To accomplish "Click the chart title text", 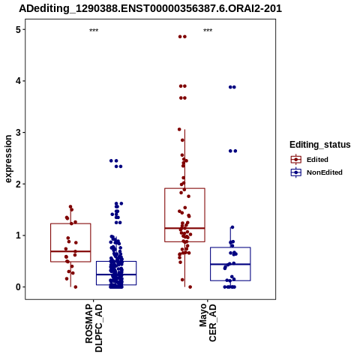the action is click(150, 8).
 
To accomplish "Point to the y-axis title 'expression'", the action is click(8, 159).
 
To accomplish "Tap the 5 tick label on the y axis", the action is click(18, 30).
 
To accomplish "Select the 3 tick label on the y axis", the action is click(18, 133).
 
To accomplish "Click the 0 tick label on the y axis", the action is click(18, 287).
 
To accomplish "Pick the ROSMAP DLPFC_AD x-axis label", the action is click(94, 328).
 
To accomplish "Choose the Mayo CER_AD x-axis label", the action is click(208, 322).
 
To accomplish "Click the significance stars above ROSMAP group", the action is click(94, 30).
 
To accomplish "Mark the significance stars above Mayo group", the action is click(208, 30).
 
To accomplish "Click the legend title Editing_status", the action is click(319, 145).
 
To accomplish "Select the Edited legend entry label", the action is click(317, 160).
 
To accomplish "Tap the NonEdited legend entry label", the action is click(325, 172).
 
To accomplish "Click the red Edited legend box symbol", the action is click(296, 159).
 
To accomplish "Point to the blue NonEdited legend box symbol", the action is click(296, 172).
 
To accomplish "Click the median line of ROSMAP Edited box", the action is click(70, 251).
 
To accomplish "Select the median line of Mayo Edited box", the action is click(184, 228).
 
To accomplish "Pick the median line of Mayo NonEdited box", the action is click(230, 264).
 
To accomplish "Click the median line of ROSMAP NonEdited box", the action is click(116, 274).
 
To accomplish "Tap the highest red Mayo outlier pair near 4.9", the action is click(182, 37).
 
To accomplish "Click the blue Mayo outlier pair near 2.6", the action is click(232, 151).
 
